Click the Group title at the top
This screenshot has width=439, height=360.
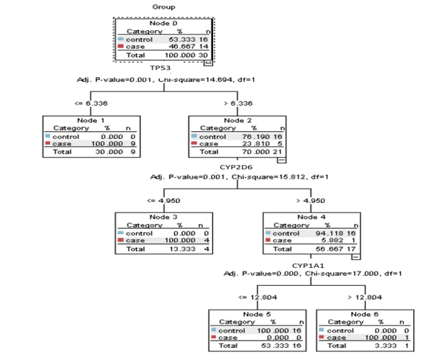[x=164, y=6]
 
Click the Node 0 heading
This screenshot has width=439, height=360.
[x=165, y=24]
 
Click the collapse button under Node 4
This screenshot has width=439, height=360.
[x=356, y=257]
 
